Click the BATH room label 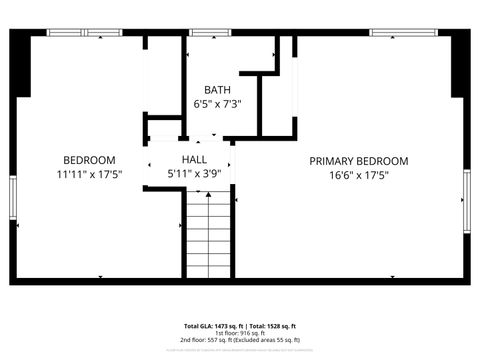pos(218,89)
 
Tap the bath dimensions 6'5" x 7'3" pos(218,103)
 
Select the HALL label pos(194,159)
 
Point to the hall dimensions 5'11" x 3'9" pos(194,173)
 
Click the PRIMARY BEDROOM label pos(358,161)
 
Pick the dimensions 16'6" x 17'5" pos(358,175)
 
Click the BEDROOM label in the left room pos(89,159)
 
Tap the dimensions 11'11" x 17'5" pos(89,173)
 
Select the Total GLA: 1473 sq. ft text pos(213,326)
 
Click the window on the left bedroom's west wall pos(13,200)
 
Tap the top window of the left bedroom pos(85,33)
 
